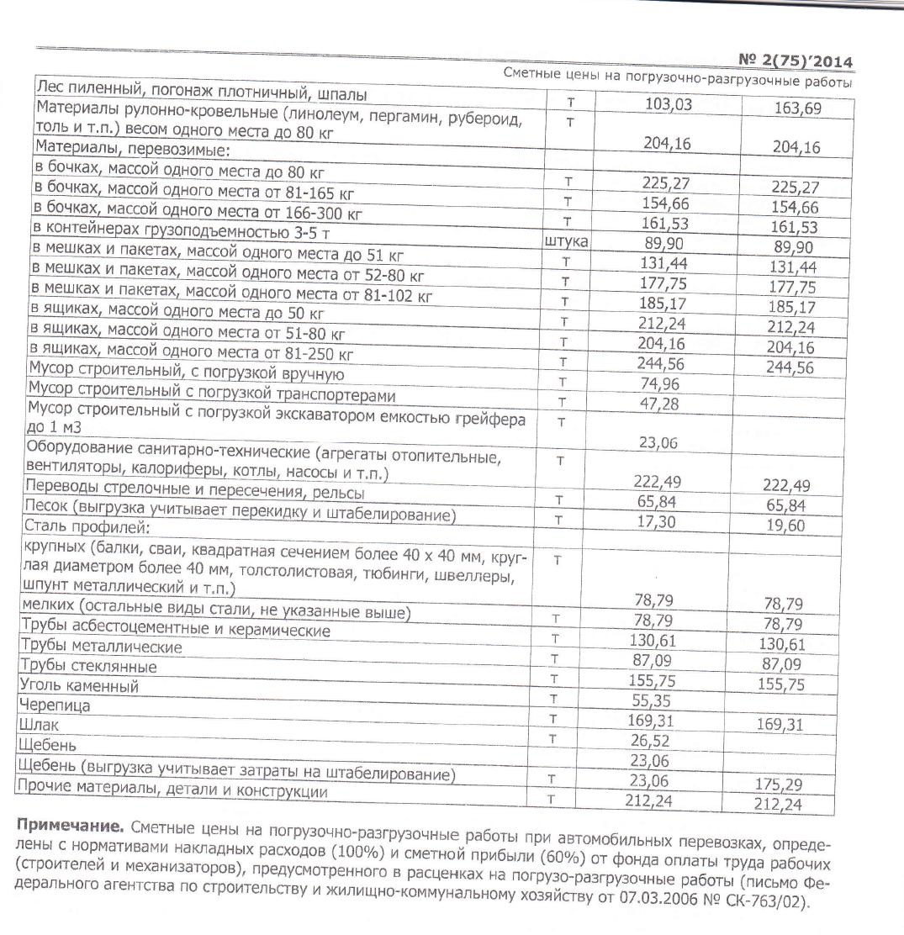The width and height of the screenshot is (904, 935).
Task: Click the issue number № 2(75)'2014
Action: pyautogui.click(x=795, y=61)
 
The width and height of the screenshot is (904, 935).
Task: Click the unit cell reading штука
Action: pyautogui.click(x=566, y=242)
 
